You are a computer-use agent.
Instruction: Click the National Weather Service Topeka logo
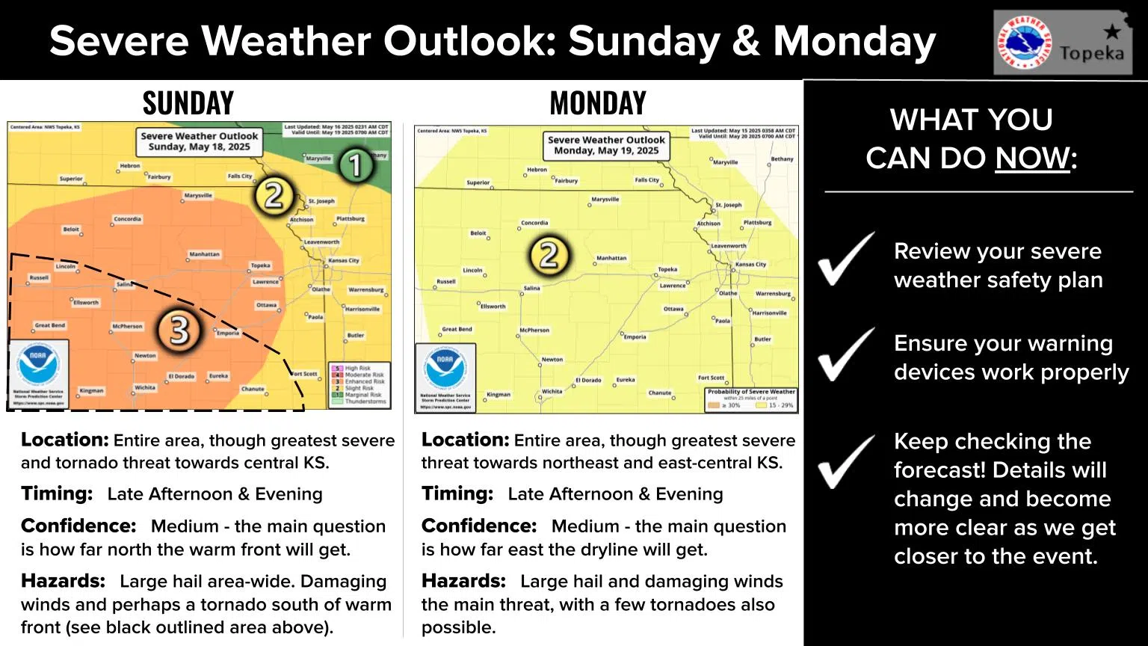point(1062,43)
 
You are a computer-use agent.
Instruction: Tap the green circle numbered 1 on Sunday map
point(356,164)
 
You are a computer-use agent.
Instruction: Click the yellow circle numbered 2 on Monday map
point(549,255)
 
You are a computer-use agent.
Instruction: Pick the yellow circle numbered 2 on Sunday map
point(274,196)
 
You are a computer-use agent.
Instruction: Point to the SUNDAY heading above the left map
point(188,103)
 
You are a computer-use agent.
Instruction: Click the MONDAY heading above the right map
point(597,103)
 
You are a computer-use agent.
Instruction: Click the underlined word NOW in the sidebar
point(1032,158)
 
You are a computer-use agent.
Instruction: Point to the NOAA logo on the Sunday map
point(38,366)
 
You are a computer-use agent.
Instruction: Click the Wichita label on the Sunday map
point(145,388)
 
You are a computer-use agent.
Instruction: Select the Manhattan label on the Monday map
point(611,258)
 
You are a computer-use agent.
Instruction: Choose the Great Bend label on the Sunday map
point(50,326)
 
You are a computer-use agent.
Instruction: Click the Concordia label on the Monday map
point(534,223)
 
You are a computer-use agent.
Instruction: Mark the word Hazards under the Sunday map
point(63,581)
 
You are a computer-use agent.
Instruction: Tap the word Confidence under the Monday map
point(478,526)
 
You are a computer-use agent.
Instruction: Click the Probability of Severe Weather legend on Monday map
point(750,398)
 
